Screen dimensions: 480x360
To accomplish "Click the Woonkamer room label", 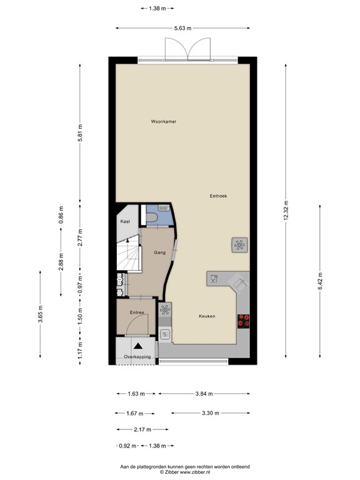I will tap(163, 121).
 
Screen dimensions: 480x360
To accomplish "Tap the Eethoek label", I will tap(218, 196).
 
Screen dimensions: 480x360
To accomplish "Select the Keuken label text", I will tap(207, 316).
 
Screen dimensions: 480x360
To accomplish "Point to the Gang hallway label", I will tap(159, 252).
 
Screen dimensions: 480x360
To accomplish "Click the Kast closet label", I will tap(125, 222).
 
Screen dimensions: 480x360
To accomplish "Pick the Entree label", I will tap(137, 312).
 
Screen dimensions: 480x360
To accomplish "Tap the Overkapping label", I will tap(137, 356).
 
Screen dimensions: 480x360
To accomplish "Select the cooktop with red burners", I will tap(243, 321).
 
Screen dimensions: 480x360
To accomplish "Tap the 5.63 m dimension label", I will tap(182, 28).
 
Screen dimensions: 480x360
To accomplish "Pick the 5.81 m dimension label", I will tap(81, 134).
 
